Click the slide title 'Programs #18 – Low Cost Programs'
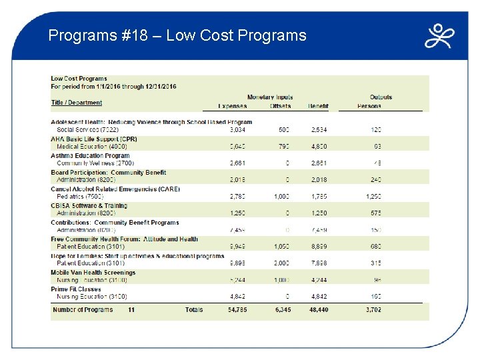tap(177, 35)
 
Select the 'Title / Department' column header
tap(77, 103)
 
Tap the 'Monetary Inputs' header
tap(270, 97)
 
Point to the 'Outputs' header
tap(381, 97)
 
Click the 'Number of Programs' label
tap(83, 310)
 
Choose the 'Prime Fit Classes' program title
tap(76, 289)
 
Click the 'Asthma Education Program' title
tap(90, 156)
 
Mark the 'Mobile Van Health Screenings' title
tap(93, 273)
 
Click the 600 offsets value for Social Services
tap(283, 130)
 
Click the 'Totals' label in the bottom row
tap(194, 310)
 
